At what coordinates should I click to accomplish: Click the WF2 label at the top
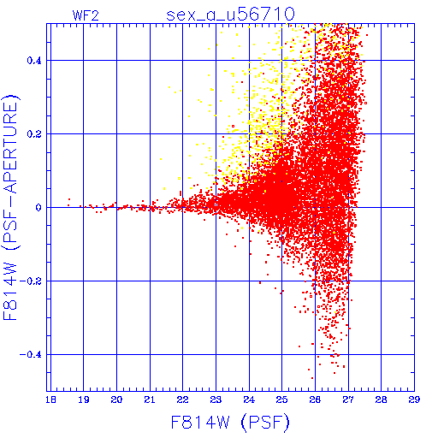pos(86,15)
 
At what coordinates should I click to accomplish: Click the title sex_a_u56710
pos(230,15)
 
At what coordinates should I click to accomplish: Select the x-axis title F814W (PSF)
pos(230,422)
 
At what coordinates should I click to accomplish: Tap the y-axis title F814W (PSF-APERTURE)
pos(10,208)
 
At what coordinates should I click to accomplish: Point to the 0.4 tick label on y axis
pos(34,61)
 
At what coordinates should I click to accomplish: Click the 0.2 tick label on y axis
pos(34,134)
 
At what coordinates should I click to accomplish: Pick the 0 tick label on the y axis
pos(38,208)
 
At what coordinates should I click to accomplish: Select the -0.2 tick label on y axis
pos(31,281)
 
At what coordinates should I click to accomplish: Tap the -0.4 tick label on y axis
pos(31,355)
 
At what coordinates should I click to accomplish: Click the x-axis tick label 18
pos(50,400)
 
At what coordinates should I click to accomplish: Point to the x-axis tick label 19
pos(84,400)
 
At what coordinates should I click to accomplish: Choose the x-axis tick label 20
pos(116,400)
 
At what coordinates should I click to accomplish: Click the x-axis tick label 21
pos(150,400)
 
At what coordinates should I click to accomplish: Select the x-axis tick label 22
pos(183,400)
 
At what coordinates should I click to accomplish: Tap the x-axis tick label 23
pos(216,400)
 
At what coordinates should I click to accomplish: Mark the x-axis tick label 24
pos(249,400)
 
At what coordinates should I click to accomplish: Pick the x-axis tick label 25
pos(282,400)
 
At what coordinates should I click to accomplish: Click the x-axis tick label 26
pos(315,400)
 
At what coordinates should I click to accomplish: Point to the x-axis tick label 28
pos(382,400)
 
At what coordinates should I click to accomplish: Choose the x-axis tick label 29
pos(414,400)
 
